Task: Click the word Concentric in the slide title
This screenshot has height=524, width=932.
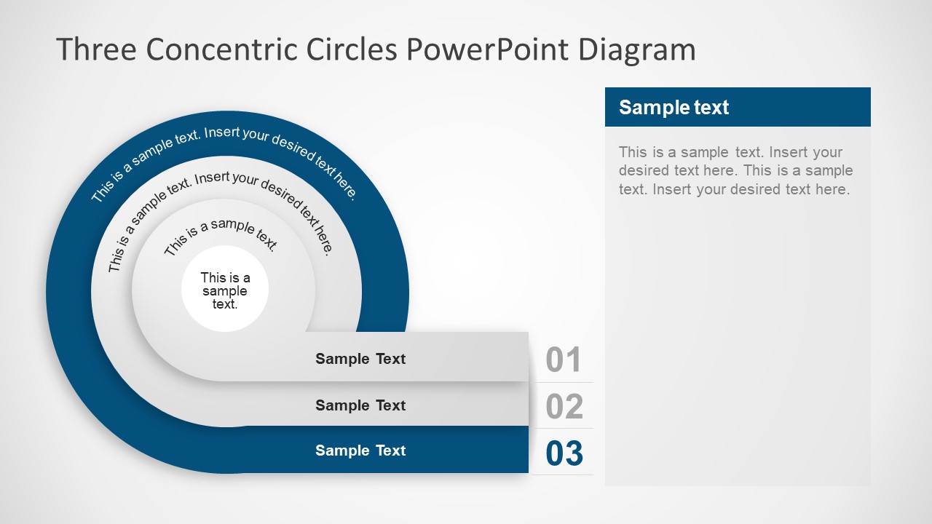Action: coord(221,49)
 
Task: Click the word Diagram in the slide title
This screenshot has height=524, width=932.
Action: coord(637,49)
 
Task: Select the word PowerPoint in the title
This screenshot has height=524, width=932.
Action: coord(489,49)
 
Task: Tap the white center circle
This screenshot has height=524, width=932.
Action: coord(225,289)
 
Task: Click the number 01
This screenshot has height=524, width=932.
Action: coord(564,360)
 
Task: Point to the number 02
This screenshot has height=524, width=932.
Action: coord(564,406)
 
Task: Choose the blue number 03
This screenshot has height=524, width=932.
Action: coord(564,453)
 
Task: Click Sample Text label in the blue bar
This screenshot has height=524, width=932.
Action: coord(360,450)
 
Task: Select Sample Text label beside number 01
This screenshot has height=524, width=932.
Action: coord(360,359)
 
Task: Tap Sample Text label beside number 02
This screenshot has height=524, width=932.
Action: coord(360,405)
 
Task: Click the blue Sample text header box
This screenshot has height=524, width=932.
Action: coord(738,107)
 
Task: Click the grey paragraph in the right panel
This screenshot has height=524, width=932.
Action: coord(735,171)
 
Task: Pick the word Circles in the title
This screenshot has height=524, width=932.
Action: coord(352,49)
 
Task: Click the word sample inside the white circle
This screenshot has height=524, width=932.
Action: coord(225,291)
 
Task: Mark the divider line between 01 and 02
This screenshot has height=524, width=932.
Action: coord(564,382)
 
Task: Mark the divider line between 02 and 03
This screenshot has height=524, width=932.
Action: coord(564,428)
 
